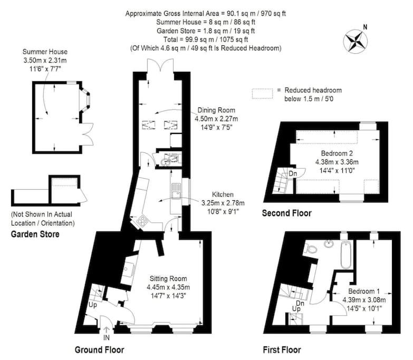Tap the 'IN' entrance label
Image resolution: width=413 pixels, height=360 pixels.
[107, 337]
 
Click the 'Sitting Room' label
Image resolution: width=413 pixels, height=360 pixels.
[168, 278]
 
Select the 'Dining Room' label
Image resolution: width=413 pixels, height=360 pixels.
[216, 110]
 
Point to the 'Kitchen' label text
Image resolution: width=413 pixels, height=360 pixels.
[223, 194]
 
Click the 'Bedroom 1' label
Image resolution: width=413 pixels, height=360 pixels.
[364, 291]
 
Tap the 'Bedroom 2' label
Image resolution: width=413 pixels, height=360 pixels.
[337, 153]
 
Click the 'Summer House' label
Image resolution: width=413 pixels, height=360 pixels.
[45, 52]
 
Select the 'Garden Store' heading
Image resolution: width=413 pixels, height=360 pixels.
[35, 234]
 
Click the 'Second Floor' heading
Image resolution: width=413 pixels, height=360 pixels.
[287, 213]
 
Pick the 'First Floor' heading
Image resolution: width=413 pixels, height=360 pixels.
[282, 350]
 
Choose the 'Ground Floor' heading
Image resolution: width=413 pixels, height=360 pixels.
[99, 350]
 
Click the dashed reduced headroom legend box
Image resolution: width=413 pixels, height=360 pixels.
[262, 94]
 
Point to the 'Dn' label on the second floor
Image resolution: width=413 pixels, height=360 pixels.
[293, 174]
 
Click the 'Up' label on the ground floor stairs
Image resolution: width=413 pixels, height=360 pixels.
[93, 305]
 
